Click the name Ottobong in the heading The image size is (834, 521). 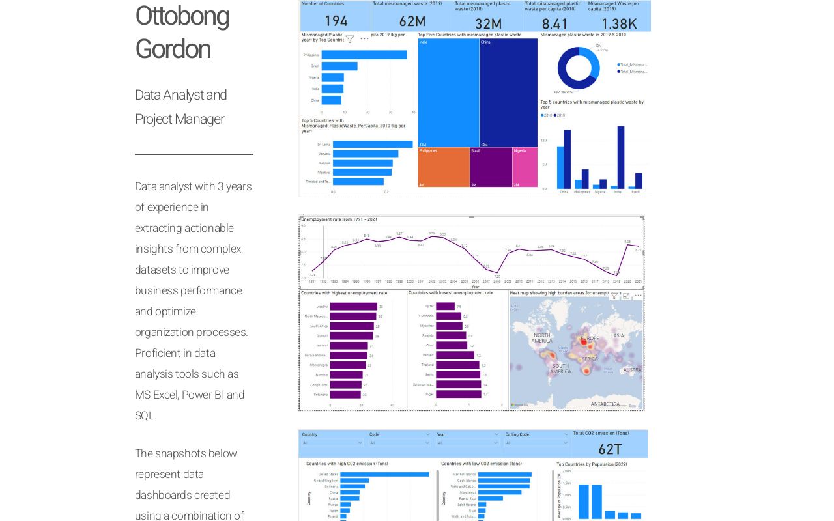182,16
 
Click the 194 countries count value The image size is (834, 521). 336,22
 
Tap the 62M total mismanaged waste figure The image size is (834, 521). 412,22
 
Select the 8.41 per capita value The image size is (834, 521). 554,23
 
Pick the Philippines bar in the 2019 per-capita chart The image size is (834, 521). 364,55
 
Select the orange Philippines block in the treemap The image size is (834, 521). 444,167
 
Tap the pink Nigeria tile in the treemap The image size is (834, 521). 525,167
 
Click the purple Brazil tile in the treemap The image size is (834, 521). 491,167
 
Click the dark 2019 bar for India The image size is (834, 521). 620,157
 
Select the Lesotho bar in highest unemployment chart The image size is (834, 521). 354,306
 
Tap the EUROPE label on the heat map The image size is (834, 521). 589,339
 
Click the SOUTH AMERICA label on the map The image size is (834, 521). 560,369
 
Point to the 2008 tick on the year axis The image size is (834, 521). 497,281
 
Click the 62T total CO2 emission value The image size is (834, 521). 610,449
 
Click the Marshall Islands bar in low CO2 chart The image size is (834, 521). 505,474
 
